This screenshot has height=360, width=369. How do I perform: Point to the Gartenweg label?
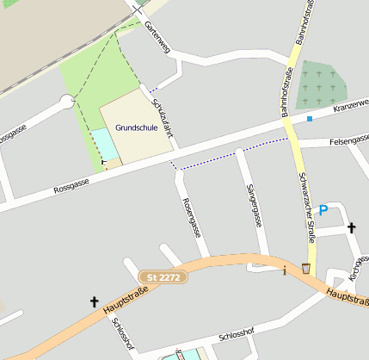click(x=157, y=38)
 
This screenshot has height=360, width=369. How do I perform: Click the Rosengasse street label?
click(x=192, y=216)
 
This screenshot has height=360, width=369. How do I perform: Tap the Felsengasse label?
click(x=348, y=139)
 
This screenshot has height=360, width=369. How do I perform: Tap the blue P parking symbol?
click(x=323, y=209)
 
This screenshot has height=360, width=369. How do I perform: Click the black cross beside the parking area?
click(x=351, y=228)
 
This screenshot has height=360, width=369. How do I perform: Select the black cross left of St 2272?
click(x=94, y=301)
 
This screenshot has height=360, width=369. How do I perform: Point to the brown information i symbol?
click(x=285, y=270)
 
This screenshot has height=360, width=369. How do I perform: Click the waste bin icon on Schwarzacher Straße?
click(x=306, y=269)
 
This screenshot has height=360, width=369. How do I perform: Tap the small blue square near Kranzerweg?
click(x=310, y=119)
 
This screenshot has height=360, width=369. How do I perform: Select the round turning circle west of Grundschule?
click(x=67, y=102)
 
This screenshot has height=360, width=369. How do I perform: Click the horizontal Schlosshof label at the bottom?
click(x=237, y=336)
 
